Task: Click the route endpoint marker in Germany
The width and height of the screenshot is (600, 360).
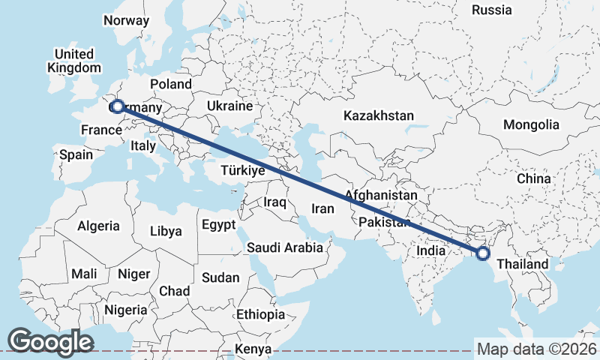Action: click(x=117, y=106)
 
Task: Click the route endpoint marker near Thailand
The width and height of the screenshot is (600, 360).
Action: click(x=482, y=253)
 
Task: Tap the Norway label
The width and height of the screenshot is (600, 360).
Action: click(x=126, y=20)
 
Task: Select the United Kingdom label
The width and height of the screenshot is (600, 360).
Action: click(x=73, y=61)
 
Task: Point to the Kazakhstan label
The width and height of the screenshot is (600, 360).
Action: click(x=379, y=115)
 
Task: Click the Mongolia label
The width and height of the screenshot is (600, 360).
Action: click(x=531, y=124)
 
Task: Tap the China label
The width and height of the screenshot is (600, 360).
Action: click(x=533, y=178)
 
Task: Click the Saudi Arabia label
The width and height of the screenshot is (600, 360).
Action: click(x=285, y=247)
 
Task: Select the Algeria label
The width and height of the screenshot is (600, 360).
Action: click(x=98, y=225)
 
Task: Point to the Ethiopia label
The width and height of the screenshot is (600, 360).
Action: click(x=260, y=313)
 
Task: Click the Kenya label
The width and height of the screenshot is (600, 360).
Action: click(x=253, y=349)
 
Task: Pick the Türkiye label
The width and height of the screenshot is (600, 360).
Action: click(x=243, y=171)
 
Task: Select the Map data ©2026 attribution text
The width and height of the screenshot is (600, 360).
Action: click(x=536, y=349)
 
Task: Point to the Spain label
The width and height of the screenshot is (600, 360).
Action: click(x=75, y=154)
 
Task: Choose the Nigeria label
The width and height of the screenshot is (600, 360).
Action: click(x=125, y=309)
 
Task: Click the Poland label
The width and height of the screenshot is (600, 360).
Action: click(x=171, y=84)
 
